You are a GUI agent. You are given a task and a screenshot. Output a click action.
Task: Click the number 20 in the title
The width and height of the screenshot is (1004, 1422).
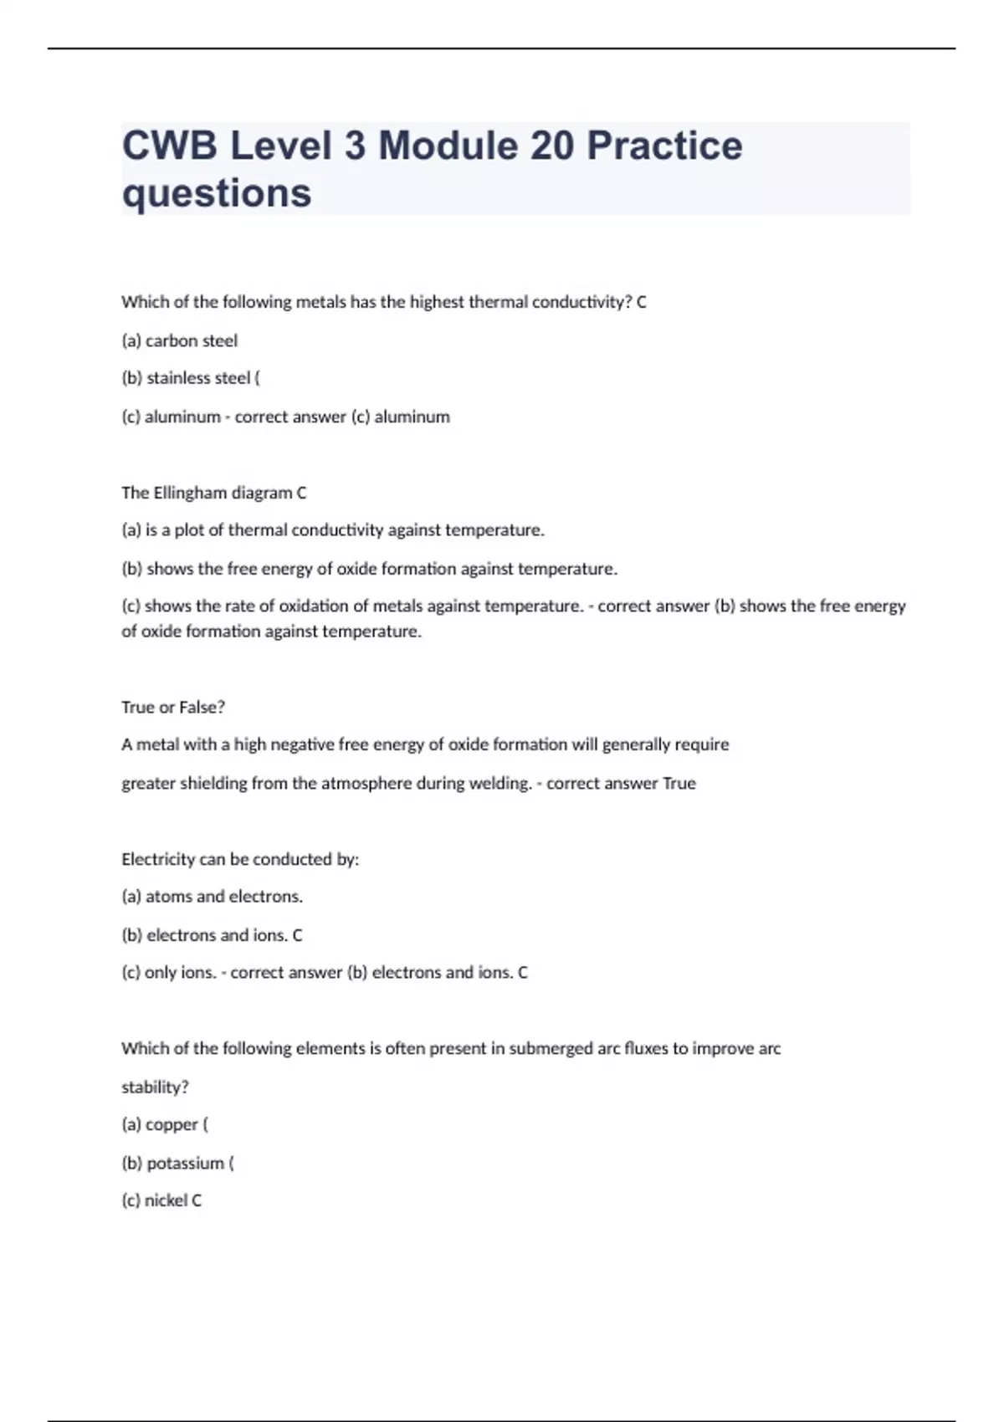point(551,146)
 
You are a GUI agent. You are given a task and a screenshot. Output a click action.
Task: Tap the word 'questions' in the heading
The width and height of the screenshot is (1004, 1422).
point(217,193)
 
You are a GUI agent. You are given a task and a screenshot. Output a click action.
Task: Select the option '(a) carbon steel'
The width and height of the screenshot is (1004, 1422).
point(179,340)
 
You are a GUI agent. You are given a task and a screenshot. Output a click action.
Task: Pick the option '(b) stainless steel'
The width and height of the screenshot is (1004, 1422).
point(190,378)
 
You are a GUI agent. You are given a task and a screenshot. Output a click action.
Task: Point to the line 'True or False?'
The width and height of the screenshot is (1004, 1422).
point(173,707)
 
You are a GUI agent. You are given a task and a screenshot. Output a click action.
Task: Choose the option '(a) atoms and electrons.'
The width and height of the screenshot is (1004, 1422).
point(212,896)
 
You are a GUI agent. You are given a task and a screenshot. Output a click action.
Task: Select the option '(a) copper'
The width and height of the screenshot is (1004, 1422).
point(164,1124)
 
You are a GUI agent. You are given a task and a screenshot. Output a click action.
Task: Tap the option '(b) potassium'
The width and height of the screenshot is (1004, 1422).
point(177,1163)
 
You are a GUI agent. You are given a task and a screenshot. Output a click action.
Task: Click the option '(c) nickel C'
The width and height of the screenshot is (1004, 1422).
point(161,1200)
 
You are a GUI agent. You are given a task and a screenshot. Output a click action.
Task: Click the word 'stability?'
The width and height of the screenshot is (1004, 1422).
point(155,1087)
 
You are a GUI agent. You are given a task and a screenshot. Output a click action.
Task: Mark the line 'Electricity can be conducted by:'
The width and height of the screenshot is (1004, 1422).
point(240,859)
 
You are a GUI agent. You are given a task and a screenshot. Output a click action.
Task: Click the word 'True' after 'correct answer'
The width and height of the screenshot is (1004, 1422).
point(679,783)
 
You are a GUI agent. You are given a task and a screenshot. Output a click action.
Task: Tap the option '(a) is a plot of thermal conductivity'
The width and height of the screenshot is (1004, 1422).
point(333,529)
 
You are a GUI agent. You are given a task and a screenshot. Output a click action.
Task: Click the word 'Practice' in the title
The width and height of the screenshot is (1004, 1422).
point(664,146)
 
